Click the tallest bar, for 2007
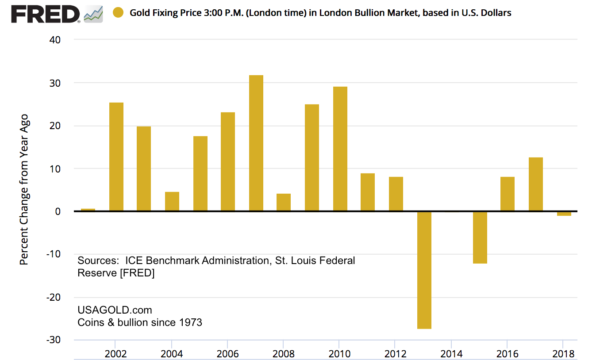(x=256, y=143)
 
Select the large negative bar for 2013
(x=424, y=270)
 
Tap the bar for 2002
(x=116, y=157)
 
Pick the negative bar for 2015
(x=480, y=237)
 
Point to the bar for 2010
(x=340, y=149)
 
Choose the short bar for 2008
(x=284, y=203)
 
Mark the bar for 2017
(x=535, y=184)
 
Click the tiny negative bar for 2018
(x=564, y=214)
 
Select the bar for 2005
(x=200, y=174)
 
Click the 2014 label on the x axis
(x=451, y=354)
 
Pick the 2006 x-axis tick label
(x=228, y=354)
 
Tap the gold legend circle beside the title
(x=118, y=13)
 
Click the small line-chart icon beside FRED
(x=93, y=15)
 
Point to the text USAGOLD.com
(x=115, y=310)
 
